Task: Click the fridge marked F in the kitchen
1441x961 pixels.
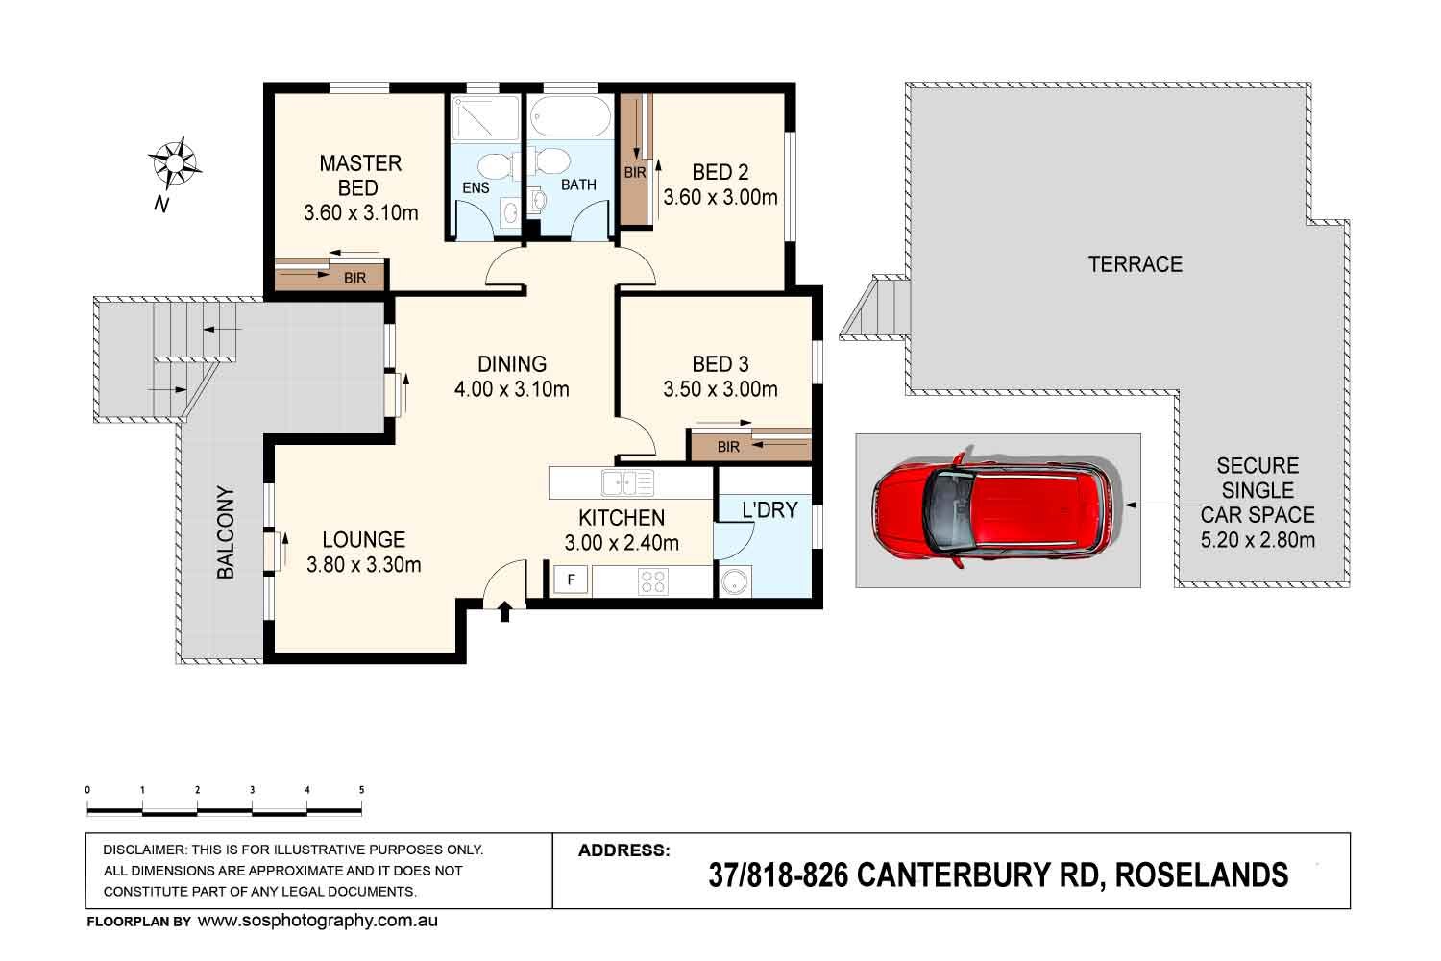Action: [x=572, y=580]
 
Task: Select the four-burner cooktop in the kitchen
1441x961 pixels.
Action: [x=652, y=581]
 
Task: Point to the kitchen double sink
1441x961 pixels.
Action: [x=626, y=482]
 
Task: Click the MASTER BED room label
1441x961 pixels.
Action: [x=359, y=175]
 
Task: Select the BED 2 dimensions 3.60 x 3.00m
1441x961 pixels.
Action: [x=720, y=197]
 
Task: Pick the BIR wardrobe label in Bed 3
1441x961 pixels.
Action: [x=728, y=447]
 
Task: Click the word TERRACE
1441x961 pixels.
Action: [x=1135, y=264]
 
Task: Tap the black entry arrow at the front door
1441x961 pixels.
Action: [x=505, y=612]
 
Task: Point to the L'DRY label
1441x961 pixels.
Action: [x=769, y=509]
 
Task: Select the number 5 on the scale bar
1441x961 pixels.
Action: [x=361, y=790]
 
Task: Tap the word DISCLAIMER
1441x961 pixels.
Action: [x=144, y=850]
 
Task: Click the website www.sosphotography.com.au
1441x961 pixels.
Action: [x=317, y=921]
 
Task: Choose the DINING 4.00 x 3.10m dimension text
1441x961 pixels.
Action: [x=512, y=389]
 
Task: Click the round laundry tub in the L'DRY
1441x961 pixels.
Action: [x=735, y=581]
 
